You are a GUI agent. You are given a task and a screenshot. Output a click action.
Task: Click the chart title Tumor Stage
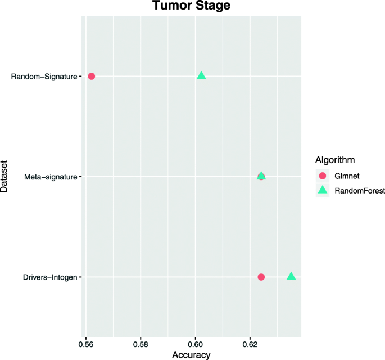click(x=192, y=6)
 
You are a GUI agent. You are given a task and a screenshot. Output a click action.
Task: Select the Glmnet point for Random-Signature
click(x=91, y=76)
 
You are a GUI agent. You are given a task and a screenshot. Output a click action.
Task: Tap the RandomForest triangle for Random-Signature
click(x=201, y=75)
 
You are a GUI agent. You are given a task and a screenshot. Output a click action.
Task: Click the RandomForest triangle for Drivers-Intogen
click(x=291, y=276)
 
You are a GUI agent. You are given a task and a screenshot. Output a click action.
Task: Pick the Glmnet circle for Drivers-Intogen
click(x=261, y=277)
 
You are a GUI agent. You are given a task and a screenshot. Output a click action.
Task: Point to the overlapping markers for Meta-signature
click(x=261, y=176)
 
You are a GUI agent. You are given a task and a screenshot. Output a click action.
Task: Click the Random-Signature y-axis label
click(x=44, y=76)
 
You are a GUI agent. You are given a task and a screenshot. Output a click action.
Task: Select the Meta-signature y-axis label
click(x=51, y=177)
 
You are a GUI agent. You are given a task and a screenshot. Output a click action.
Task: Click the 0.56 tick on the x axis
click(x=86, y=344)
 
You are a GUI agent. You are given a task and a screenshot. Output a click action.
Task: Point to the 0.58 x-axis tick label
click(x=141, y=344)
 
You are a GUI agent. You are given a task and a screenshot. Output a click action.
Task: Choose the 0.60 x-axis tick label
click(x=195, y=344)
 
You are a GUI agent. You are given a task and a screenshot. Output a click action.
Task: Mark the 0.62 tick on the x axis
click(x=250, y=344)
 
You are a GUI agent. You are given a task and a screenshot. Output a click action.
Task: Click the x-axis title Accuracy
click(x=192, y=355)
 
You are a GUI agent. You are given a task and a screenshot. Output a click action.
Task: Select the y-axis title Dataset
click(x=5, y=176)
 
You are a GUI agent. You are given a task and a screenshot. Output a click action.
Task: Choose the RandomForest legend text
click(x=359, y=191)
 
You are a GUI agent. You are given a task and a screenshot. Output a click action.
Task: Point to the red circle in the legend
click(x=323, y=175)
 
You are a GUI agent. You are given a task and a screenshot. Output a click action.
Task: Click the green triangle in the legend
click(x=323, y=191)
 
